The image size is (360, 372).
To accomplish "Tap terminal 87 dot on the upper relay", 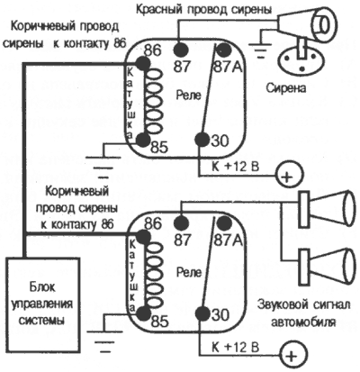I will [181, 47].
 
